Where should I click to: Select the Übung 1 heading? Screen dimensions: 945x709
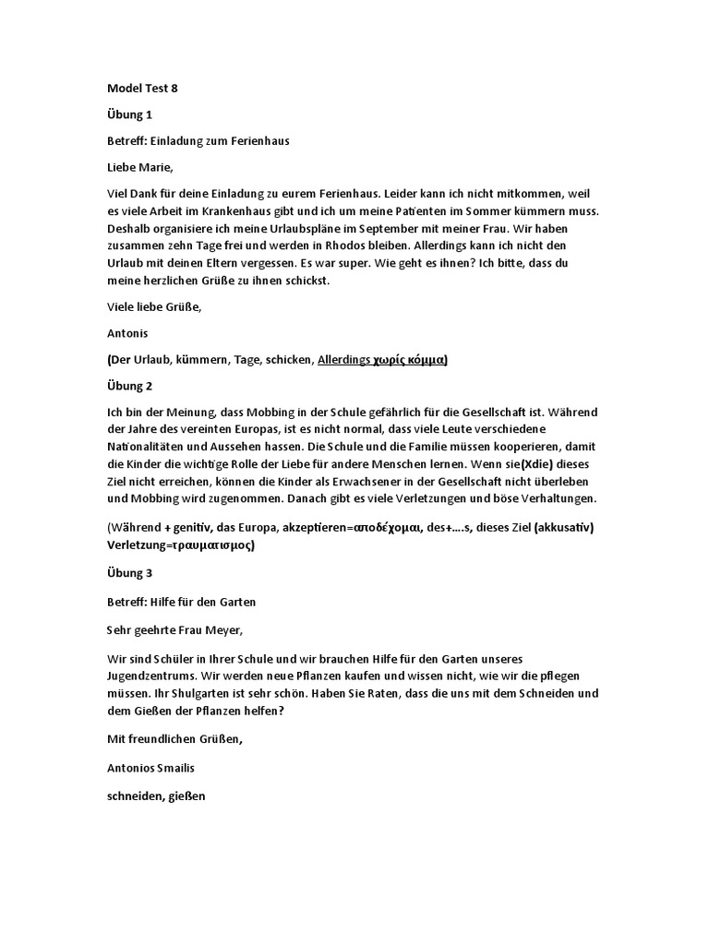coord(128,115)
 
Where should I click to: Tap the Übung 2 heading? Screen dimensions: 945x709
coord(128,385)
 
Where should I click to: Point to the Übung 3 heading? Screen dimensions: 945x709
coord(128,573)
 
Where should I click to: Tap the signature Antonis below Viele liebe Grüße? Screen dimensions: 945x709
coord(127,333)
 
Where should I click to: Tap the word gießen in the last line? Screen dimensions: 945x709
coord(186,792)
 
